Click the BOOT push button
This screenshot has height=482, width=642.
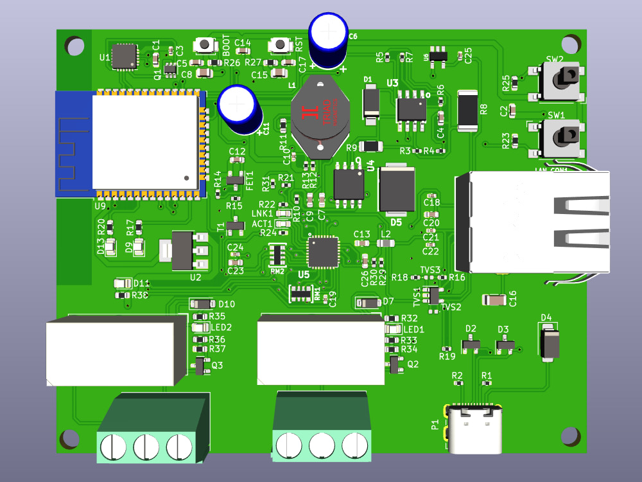point(205,45)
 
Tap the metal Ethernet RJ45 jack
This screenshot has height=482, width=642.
point(533,222)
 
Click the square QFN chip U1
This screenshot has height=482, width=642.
point(125,57)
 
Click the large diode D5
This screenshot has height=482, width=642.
point(397,190)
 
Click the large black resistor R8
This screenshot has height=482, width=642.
point(468,111)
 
